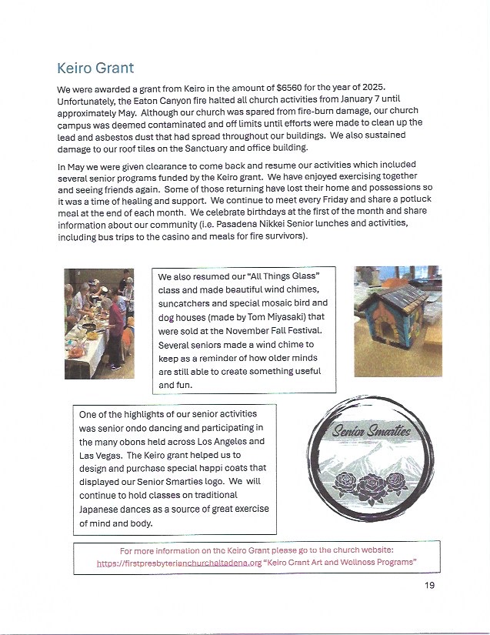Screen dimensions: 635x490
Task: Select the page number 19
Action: [x=429, y=586]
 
